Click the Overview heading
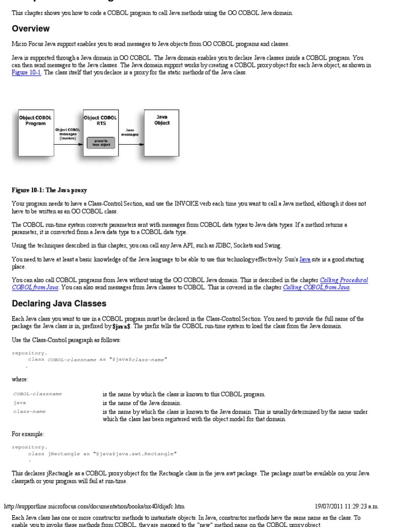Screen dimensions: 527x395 [31, 29]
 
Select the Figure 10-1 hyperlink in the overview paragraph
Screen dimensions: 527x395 [27, 73]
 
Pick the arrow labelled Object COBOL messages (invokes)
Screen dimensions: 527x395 [68, 145]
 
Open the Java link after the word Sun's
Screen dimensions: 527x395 [305, 260]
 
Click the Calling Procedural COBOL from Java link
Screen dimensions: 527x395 [344, 280]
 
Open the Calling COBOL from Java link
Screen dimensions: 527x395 [316, 288]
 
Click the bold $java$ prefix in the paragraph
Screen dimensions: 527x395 [122, 326]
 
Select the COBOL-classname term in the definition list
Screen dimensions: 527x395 [37, 394]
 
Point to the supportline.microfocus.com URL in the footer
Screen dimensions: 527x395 [94, 506]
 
